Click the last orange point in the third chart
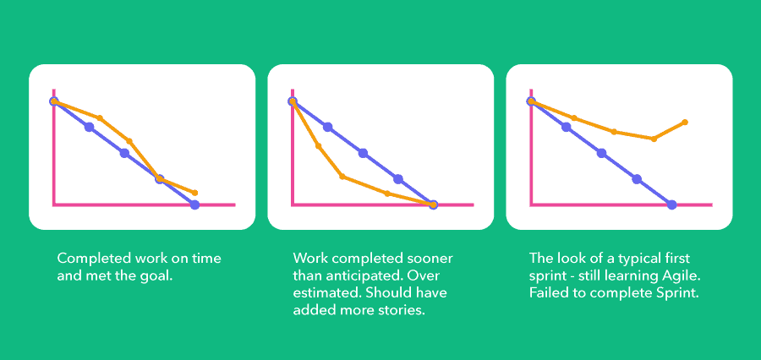click(x=685, y=123)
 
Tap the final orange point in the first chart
click(x=195, y=193)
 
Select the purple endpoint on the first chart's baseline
click(x=194, y=205)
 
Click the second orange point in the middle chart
click(x=319, y=145)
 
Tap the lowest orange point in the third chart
click(x=654, y=139)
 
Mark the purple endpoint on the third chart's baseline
click(x=671, y=205)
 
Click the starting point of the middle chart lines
click(x=293, y=101)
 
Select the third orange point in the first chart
click(x=129, y=140)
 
